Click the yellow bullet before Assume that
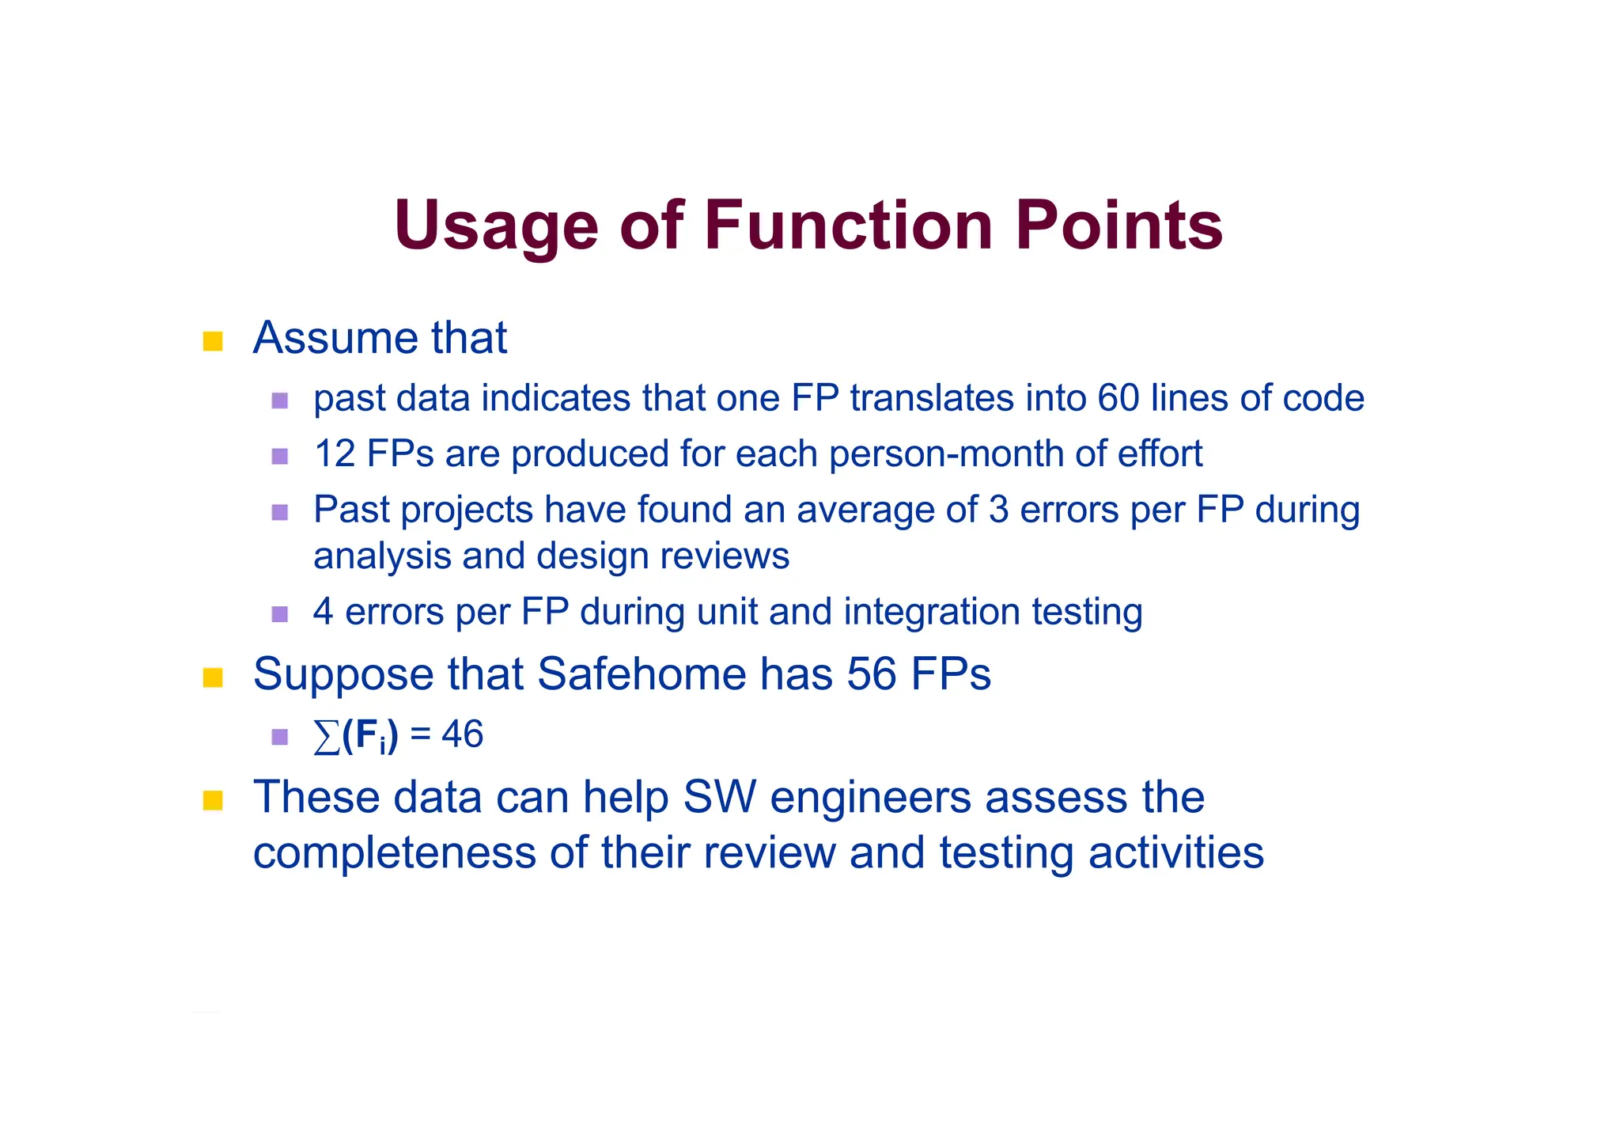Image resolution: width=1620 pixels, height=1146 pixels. [x=213, y=341]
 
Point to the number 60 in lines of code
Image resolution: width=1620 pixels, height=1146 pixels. [x=1118, y=397]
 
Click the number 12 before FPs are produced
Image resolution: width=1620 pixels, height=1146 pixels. [x=335, y=453]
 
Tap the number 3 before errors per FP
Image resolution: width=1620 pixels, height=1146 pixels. [x=998, y=509]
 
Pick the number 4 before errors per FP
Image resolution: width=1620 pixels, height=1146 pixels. [x=323, y=612]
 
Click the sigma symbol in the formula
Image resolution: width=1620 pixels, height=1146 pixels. [x=326, y=736]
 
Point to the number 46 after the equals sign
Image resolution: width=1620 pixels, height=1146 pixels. [x=462, y=734]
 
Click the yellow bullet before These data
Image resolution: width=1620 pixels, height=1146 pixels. [x=213, y=800]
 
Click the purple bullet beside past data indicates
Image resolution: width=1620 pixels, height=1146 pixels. [x=279, y=400]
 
